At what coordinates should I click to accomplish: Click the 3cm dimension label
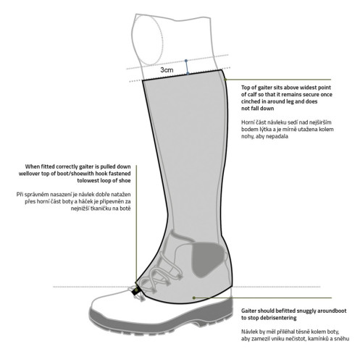tap(167, 70)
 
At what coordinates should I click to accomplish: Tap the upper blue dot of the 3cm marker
tap(186, 60)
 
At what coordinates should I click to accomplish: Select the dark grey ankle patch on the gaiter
tap(208, 259)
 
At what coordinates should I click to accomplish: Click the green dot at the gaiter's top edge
tap(225, 80)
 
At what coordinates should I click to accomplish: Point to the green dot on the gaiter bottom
tap(194, 298)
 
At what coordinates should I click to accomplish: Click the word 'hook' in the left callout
tap(101, 174)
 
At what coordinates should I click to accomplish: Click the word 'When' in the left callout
tap(33, 167)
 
